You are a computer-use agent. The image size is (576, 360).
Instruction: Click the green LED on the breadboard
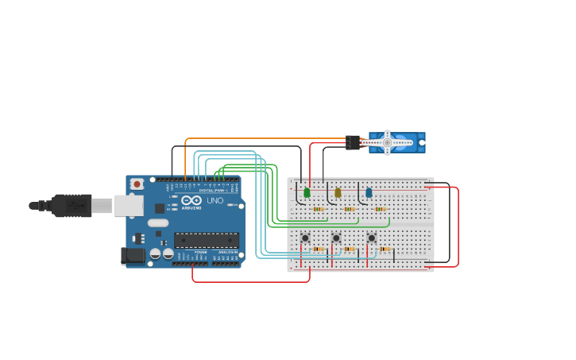pos(307,192)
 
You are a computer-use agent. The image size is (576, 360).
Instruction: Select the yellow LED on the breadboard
pos(338,192)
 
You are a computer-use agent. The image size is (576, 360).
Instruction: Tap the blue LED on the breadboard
pos(369,192)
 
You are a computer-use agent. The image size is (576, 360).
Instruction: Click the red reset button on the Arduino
pos(137,184)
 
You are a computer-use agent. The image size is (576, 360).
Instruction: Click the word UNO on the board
pos(215,200)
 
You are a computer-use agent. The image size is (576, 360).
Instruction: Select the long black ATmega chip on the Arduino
pos(207,239)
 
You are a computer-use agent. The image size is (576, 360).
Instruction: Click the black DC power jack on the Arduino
pos(133,256)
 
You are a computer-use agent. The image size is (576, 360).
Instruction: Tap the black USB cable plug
pos(72,206)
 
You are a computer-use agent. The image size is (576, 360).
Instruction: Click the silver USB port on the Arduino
pos(127,206)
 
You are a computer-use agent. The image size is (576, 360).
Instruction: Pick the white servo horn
pos(387,142)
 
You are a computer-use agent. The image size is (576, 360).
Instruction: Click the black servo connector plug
pos(352,142)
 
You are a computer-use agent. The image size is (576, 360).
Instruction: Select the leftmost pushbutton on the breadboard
pos(305,238)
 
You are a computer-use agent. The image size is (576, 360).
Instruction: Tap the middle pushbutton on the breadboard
pos(336,238)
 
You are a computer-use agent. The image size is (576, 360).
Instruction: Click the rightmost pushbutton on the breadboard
pos(371,238)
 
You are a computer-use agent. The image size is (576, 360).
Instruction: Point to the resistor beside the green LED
pos(319,209)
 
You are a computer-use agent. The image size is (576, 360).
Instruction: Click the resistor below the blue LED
pos(381,209)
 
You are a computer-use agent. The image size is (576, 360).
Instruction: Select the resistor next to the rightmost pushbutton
pos(385,249)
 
